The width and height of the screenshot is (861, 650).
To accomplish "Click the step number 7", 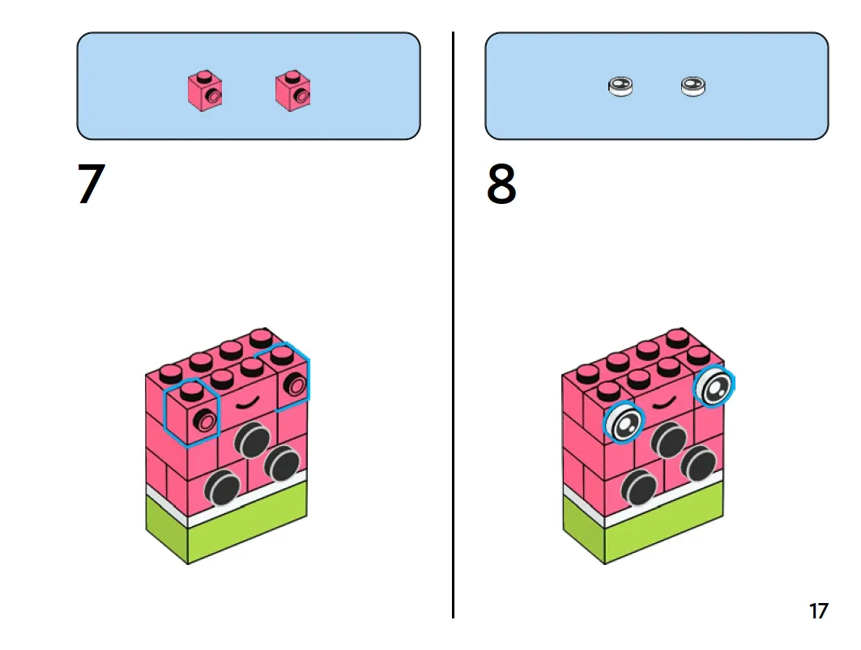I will (x=92, y=185).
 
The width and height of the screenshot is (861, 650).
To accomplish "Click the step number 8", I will (x=501, y=185).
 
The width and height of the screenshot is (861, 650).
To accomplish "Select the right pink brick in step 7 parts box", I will (x=293, y=90).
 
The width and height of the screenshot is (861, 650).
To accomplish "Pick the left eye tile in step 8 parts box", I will (x=620, y=86).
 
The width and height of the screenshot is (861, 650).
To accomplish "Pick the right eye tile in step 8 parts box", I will (x=694, y=86).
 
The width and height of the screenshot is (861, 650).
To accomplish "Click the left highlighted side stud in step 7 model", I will (x=206, y=420).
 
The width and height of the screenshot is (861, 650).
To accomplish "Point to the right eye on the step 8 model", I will (x=714, y=389).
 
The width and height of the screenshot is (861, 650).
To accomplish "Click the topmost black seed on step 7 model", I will (x=253, y=440).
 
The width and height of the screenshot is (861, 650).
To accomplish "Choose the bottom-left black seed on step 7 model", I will (x=221, y=487).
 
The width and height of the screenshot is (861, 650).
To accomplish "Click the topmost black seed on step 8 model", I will (x=669, y=440).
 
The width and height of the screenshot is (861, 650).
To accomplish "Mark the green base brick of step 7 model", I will (x=227, y=526).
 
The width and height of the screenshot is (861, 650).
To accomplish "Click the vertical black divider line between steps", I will (x=453, y=324).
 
